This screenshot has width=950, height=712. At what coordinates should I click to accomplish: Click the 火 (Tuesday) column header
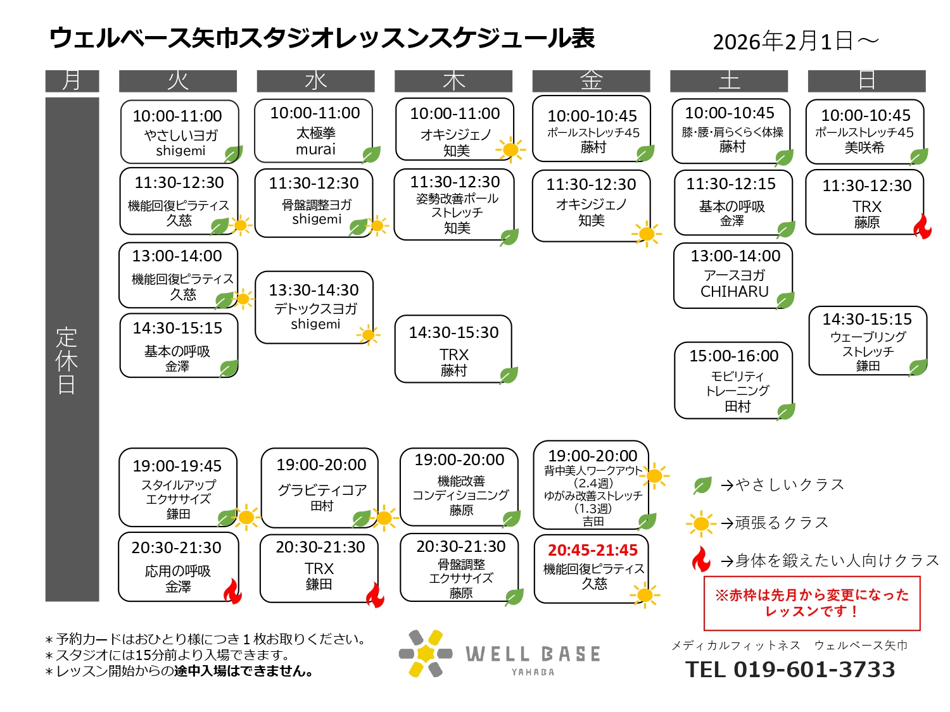(178, 81)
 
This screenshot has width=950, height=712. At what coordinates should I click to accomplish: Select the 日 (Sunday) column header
(866, 81)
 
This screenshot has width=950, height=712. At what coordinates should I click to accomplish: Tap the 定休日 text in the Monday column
(67, 361)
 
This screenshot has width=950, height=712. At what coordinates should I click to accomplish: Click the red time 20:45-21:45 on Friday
(593, 550)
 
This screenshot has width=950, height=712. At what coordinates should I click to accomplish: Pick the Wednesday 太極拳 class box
(314, 131)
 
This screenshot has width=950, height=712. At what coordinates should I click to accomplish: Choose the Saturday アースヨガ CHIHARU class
(733, 275)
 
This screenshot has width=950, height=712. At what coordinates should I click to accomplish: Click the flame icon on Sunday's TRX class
(923, 226)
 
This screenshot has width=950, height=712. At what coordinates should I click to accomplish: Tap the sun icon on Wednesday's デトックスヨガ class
(368, 335)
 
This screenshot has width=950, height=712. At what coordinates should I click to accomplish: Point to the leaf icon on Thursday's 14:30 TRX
(509, 375)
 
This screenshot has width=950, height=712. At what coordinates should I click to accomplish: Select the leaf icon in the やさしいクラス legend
(702, 485)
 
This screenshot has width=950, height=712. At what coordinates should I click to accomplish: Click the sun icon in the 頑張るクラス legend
(700, 523)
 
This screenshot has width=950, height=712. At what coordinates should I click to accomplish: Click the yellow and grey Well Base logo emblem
(426, 654)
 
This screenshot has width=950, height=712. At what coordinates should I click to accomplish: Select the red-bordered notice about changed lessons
(812, 603)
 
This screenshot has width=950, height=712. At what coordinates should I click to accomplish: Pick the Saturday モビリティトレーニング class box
(733, 380)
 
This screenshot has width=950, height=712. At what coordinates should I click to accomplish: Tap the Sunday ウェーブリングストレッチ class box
(867, 340)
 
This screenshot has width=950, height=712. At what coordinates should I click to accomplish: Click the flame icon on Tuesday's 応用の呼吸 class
(233, 592)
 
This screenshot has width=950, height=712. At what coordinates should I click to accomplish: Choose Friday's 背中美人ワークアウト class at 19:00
(591, 485)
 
